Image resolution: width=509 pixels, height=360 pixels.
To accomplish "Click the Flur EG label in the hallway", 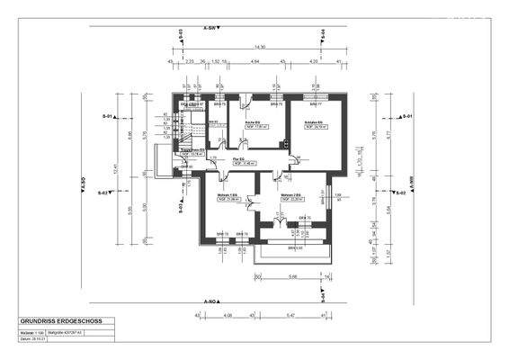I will click(x=239, y=159).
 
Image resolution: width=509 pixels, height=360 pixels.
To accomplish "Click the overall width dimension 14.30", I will click(x=259, y=46).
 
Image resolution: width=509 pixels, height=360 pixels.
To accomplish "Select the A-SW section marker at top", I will click(x=211, y=28).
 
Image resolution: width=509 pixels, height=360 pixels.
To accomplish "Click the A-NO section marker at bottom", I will click(x=211, y=301).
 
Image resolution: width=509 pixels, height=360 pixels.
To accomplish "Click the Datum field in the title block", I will click(x=34, y=339).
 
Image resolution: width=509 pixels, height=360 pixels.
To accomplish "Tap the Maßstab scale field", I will click(x=34, y=332).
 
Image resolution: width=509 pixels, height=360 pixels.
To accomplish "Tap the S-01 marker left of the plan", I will click(x=106, y=117).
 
